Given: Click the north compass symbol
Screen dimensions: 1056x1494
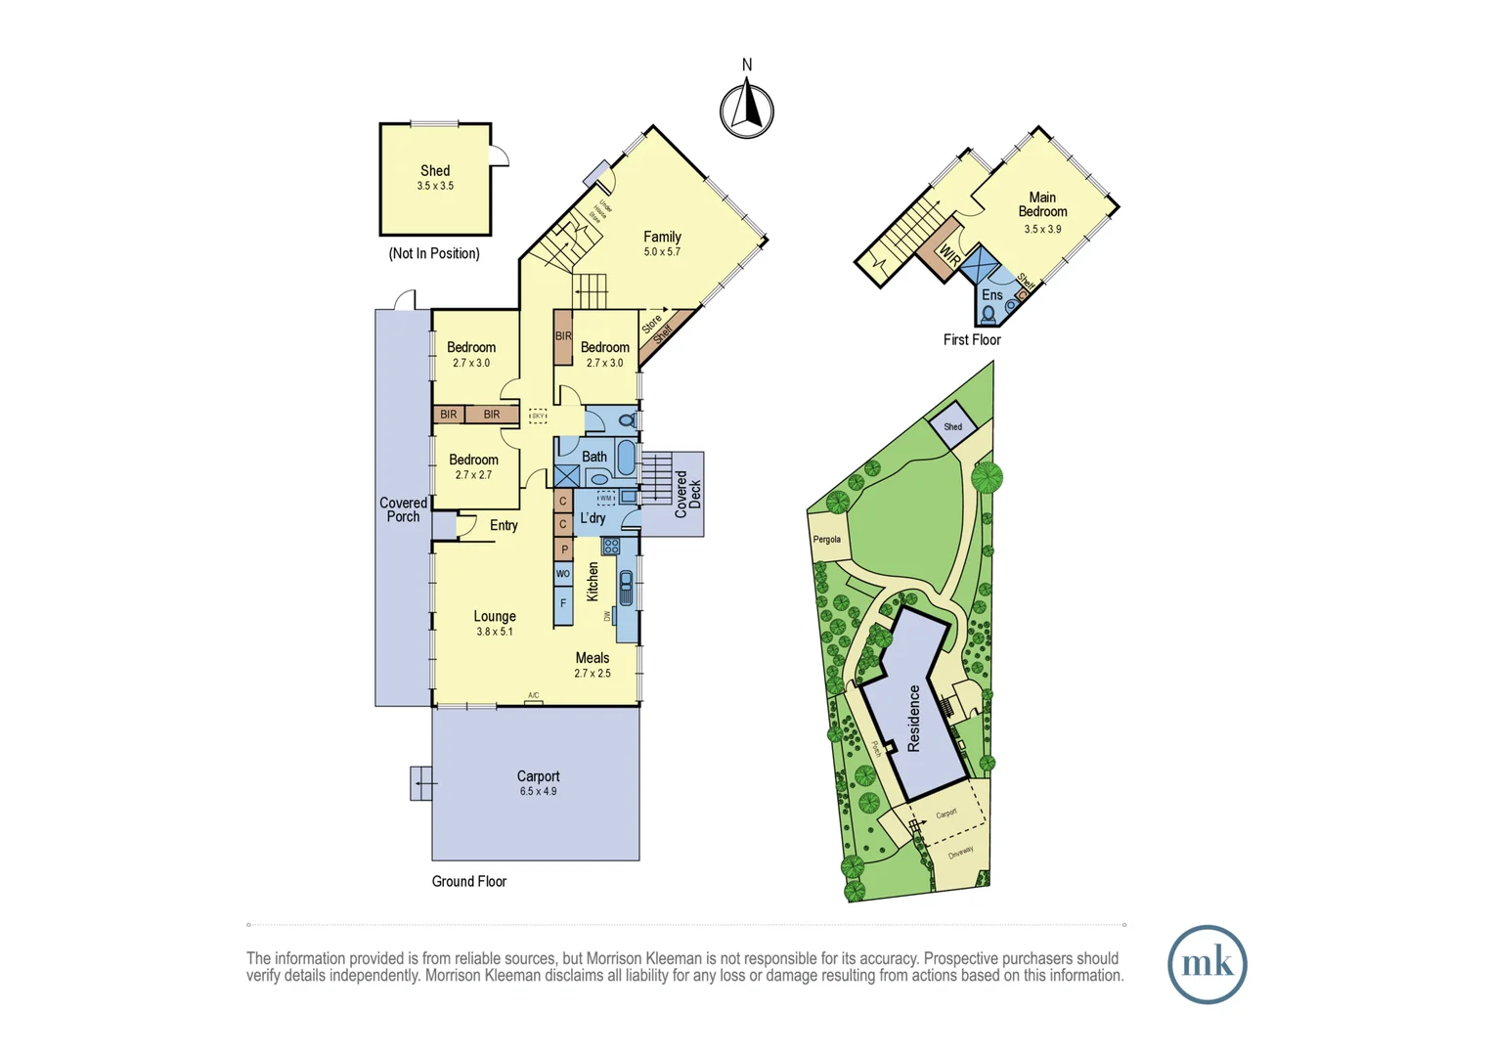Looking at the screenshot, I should [x=747, y=109].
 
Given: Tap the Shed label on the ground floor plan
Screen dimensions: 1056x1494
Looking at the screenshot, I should [x=435, y=170].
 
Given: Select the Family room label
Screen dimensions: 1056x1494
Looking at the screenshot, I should [x=662, y=237].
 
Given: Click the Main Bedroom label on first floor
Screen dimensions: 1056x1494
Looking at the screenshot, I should [x=1042, y=204].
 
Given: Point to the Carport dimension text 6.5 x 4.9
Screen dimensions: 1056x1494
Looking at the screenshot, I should [x=538, y=791].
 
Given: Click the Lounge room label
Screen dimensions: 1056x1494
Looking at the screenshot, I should [x=495, y=616].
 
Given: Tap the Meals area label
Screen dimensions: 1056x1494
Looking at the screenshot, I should [x=593, y=658].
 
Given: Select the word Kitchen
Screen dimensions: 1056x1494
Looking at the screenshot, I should [x=593, y=582].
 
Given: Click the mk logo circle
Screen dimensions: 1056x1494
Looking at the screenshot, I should [x=1207, y=964].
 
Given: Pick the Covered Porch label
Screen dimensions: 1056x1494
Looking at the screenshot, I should [x=403, y=509].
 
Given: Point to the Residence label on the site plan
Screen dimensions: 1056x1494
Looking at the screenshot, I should [x=914, y=718].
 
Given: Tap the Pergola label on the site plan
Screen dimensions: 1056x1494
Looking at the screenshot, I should [x=827, y=540].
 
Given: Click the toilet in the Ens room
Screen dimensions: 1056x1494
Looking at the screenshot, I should [x=989, y=315].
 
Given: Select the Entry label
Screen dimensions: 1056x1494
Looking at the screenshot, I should [x=504, y=525].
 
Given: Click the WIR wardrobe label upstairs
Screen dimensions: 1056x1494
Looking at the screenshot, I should [x=948, y=255].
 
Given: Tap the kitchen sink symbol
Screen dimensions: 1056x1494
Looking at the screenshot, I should [x=626, y=587].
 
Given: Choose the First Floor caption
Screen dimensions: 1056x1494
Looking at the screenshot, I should [x=972, y=340].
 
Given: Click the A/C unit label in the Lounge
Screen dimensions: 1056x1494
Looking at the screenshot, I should [x=534, y=696].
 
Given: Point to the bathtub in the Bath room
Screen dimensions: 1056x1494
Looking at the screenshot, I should [x=626, y=458].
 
